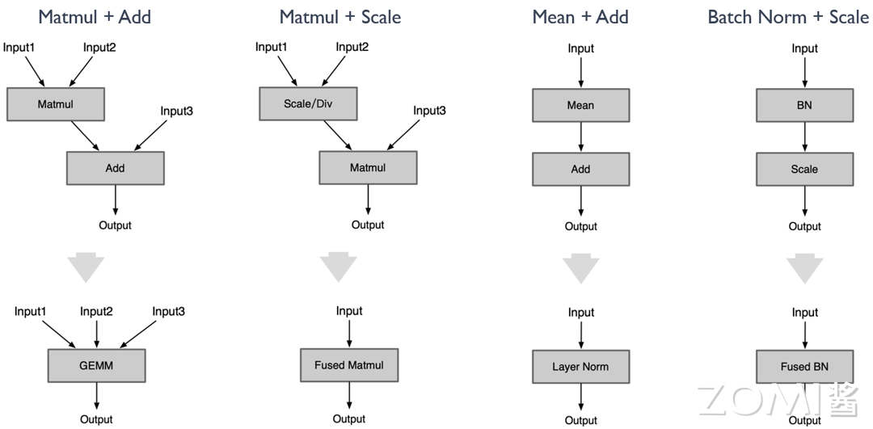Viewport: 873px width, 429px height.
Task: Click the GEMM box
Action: point(97,365)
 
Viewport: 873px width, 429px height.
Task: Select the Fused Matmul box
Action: point(349,365)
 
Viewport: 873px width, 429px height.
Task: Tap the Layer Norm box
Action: point(580,367)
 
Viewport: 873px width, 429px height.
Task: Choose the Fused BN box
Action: point(804,367)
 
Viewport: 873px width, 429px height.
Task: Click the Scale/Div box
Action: point(308,104)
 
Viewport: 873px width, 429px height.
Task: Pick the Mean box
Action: point(580,105)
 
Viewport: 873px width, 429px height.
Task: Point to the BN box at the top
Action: point(804,105)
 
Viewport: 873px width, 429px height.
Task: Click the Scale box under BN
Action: point(804,170)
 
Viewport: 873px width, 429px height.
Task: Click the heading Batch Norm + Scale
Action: point(788,16)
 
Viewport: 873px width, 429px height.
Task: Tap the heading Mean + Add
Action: point(580,16)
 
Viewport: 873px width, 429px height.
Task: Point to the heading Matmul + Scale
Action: point(340,16)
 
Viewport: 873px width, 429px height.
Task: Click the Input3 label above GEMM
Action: point(169,312)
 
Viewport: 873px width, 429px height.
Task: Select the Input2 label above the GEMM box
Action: point(96,312)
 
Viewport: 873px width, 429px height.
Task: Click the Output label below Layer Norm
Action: point(580,420)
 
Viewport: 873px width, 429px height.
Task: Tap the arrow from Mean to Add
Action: point(580,137)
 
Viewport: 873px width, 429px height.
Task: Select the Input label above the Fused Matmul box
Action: point(349,311)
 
